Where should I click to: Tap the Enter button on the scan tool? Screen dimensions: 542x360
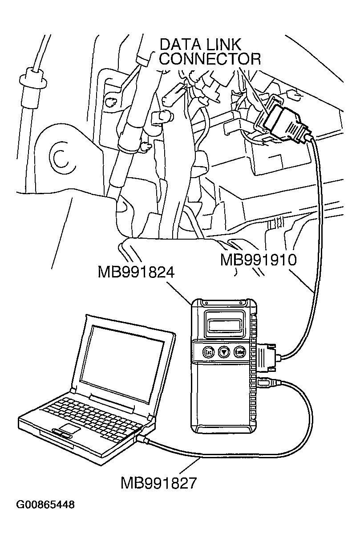click(x=241, y=351)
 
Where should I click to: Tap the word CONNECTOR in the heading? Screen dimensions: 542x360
click(x=210, y=59)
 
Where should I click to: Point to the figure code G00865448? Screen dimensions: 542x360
click(x=45, y=505)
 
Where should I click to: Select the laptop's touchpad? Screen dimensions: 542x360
click(x=71, y=428)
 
